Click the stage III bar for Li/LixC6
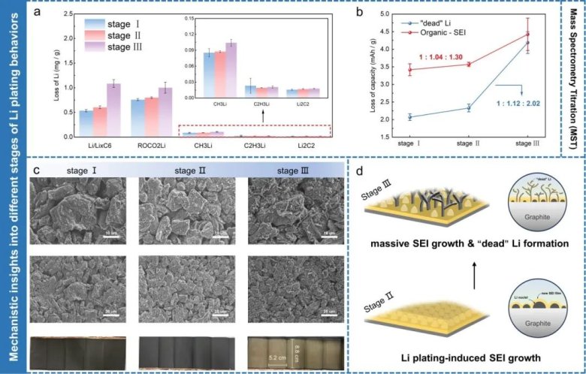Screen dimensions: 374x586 (113, 110)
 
